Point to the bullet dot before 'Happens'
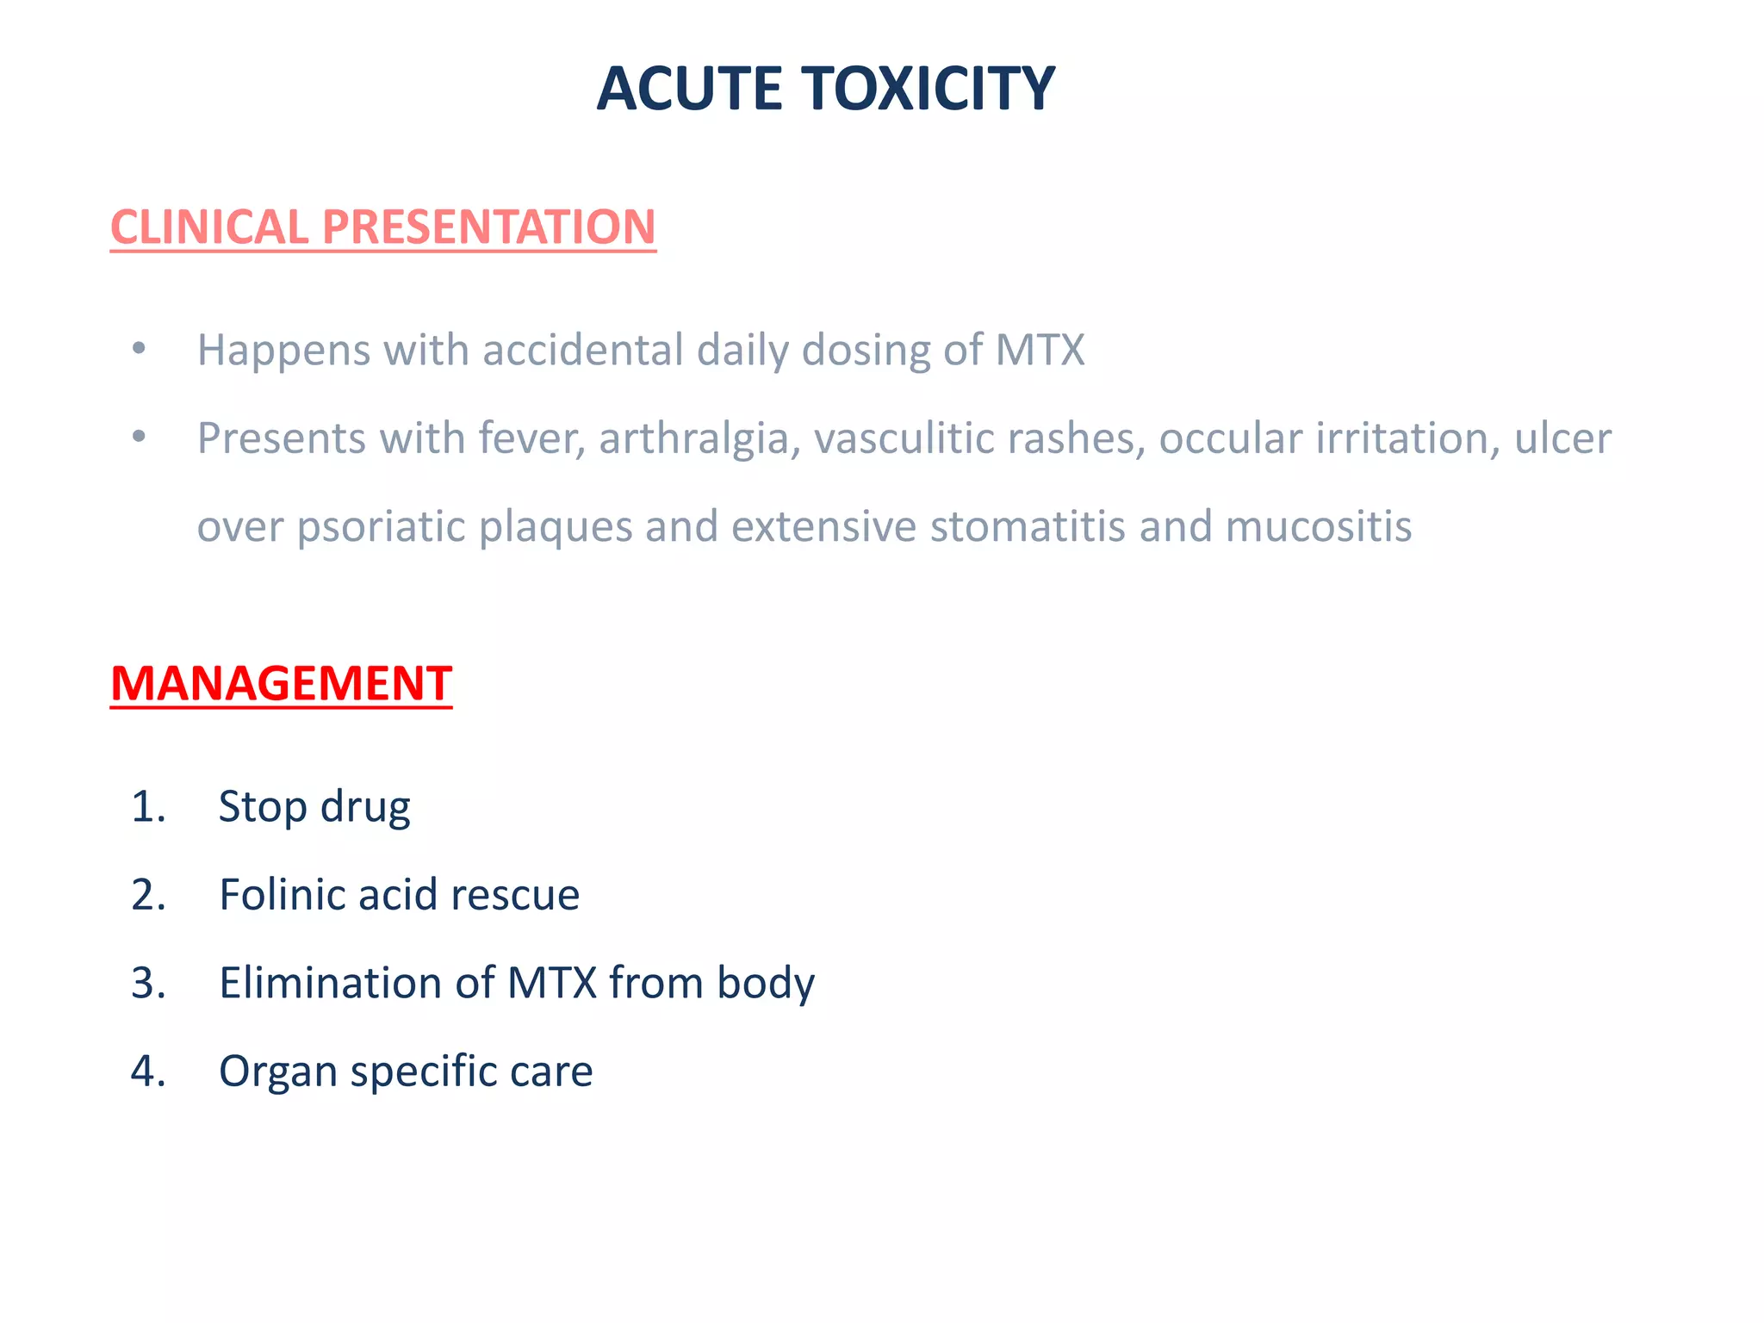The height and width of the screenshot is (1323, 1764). tap(139, 349)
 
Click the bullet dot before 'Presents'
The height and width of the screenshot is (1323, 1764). tap(139, 437)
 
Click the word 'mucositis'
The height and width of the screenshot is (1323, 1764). tap(1319, 526)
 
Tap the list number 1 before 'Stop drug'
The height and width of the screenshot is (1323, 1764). tap(147, 807)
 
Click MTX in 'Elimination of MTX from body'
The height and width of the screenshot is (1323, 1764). tap(552, 983)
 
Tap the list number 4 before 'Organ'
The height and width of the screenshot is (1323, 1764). tap(147, 1071)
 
